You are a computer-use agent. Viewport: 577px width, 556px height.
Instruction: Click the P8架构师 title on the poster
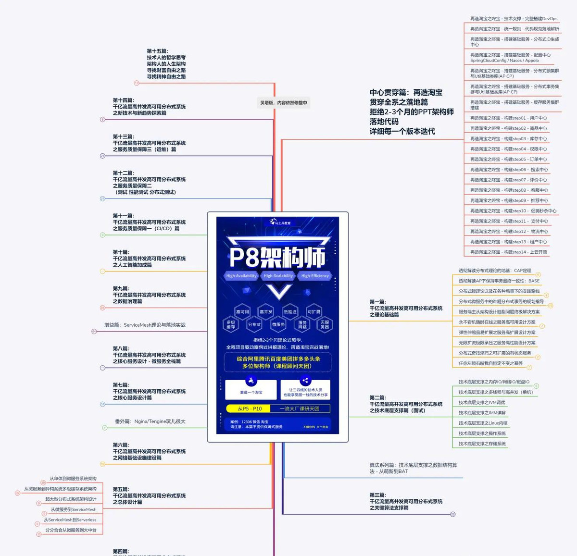point(277,257)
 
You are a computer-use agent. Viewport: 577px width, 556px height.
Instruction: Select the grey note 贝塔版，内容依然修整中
point(283,102)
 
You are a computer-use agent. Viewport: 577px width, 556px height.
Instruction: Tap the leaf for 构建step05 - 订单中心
point(508,159)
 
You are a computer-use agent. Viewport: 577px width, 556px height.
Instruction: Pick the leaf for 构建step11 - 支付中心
point(509,221)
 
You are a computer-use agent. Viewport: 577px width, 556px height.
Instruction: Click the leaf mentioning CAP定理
point(495,271)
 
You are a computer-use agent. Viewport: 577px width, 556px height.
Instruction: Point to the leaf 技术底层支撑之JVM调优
point(482,402)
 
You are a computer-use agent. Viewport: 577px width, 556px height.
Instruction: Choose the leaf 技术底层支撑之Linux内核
point(483,423)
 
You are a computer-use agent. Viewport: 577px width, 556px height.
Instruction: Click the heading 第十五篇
point(158,51)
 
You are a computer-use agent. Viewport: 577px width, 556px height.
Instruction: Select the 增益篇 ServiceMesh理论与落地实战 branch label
point(145,325)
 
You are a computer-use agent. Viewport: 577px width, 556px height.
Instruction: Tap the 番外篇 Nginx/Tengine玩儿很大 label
point(150,421)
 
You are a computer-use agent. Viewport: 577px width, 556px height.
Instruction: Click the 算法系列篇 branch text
point(413,468)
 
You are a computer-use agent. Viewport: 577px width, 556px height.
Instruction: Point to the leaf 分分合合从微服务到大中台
point(71,530)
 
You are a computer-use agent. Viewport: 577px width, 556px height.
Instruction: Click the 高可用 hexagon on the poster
point(242,312)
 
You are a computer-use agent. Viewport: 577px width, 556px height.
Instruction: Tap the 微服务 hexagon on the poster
point(278,325)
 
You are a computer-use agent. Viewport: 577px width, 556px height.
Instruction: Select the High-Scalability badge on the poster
point(278,276)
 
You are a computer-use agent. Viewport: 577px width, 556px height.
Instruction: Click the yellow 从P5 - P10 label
point(250,408)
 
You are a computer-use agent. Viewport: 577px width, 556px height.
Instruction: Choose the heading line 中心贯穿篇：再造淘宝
point(406,92)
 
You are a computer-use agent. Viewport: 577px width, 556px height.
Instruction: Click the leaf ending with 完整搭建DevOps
point(514,19)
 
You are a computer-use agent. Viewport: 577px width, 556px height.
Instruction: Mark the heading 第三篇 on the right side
point(377,495)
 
